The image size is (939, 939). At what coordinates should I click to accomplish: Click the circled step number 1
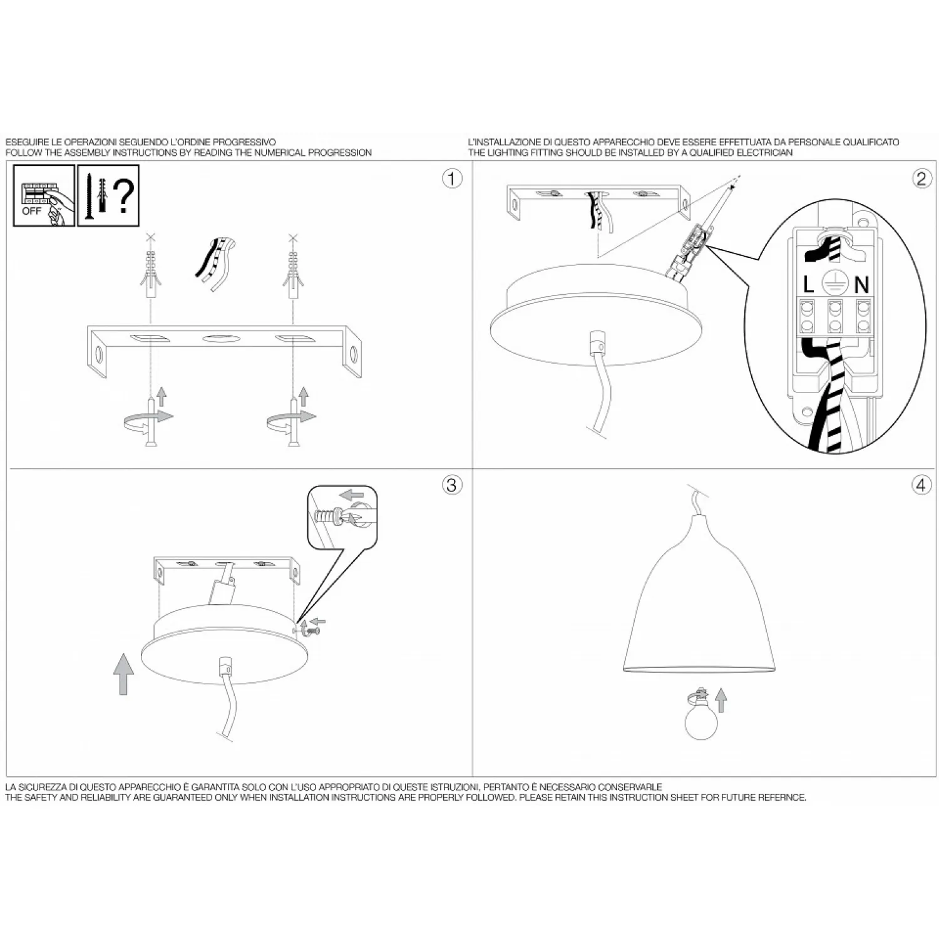tap(452, 178)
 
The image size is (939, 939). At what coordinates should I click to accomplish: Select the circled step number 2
tap(921, 178)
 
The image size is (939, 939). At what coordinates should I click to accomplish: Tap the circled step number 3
tap(452, 485)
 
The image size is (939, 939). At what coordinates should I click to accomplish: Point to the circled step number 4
tap(921, 485)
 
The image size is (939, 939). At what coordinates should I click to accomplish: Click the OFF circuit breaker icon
tap(44, 195)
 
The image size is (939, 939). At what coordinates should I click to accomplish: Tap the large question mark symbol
tap(124, 195)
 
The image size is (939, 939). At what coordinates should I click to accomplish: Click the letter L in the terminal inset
tap(808, 285)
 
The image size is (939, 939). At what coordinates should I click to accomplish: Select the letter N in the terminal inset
tap(862, 285)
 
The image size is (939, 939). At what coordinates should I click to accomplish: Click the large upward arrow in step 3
tap(124, 674)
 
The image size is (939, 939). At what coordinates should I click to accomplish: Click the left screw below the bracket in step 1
tap(151, 422)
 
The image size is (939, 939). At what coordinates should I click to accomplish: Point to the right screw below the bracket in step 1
tap(292, 422)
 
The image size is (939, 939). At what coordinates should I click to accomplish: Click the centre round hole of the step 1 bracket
tap(220, 339)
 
